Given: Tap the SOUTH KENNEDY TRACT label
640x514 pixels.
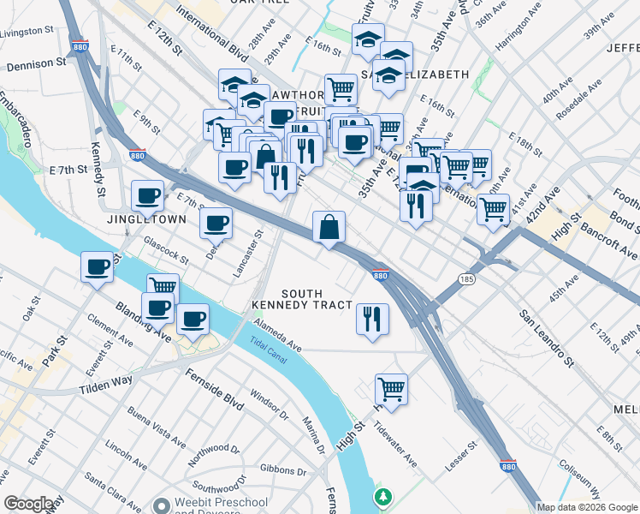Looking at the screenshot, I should click(302, 299).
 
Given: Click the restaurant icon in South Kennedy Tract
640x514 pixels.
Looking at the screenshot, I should click(372, 320).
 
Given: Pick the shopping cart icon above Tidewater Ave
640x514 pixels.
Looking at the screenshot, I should click(391, 389).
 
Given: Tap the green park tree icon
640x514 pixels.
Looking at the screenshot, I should click(384, 496).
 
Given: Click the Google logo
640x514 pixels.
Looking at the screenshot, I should click(27, 504).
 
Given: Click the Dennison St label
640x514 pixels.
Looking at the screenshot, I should click(36, 63).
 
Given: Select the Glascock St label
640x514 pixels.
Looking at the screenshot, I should click(165, 249).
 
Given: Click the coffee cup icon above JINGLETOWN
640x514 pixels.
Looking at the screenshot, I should click(147, 196).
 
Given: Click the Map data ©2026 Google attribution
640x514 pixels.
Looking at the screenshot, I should click(587, 507).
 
